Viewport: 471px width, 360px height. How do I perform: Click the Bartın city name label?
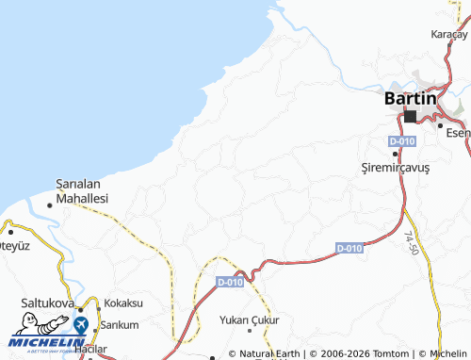click(411, 98)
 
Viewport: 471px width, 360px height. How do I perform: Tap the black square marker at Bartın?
click(410, 116)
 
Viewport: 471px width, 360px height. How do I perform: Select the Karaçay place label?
click(448, 34)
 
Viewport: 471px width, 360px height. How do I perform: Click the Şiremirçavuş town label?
click(395, 167)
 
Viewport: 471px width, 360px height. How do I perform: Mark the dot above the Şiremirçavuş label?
click(394, 154)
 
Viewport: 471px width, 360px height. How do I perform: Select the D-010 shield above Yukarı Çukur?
click(230, 281)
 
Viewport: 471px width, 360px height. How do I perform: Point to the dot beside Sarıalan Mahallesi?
click(50, 205)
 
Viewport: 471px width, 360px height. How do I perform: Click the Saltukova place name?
click(48, 303)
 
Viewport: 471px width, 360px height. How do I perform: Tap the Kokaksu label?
click(123, 303)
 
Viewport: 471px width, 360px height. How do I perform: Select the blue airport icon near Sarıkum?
click(81, 324)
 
